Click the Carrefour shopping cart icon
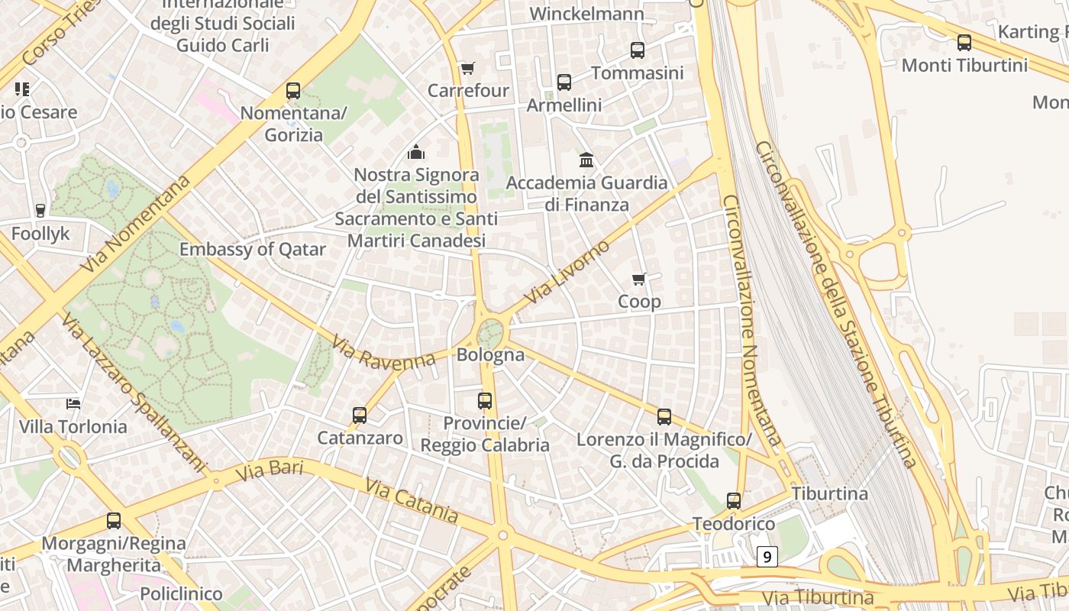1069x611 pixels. pyautogui.click(x=468, y=69)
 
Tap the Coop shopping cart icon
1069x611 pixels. pyautogui.click(x=639, y=280)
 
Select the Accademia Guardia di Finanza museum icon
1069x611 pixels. pyautogui.click(x=586, y=160)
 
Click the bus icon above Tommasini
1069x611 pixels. pyautogui.click(x=638, y=50)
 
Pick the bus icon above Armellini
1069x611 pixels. pyautogui.click(x=564, y=82)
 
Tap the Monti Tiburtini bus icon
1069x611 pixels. pyautogui.click(x=964, y=43)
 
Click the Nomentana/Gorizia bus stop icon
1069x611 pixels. pyautogui.click(x=293, y=91)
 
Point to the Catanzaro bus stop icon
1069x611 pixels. pyautogui.click(x=360, y=415)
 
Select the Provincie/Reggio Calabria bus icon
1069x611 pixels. pyautogui.click(x=485, y=400)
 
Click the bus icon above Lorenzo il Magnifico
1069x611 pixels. pyautogui.click(x=664, y=417)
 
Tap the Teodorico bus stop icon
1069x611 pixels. pyautogui.click(x=734, y=501)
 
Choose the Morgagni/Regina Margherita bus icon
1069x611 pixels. pyautogui.click(x=114, y=521)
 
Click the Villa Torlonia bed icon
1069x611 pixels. pyautogui.click(x=73, y=403)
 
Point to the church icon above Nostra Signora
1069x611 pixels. pyautogui.click(x=416, y=152)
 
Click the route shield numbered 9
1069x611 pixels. pyautogui.click(x=767, y=557)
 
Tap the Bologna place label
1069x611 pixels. pyautogui.click(x=490, y=355)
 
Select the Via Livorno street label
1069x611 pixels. pyautogui.click(x=567, y=271)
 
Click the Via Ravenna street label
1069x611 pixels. pyautogui.click(x=383, y=354)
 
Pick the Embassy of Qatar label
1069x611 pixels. pyautogui.click(x=253, y=250)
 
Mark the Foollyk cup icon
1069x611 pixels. pyautogui.click(x=40, y=211)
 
